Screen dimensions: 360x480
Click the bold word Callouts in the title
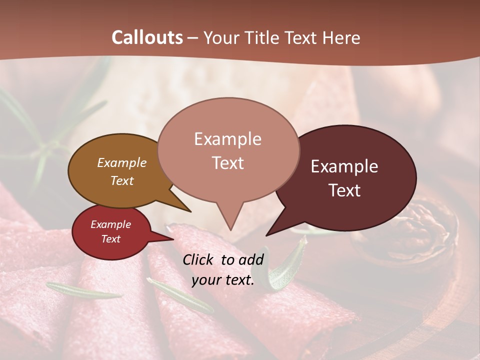(x=147, y=37)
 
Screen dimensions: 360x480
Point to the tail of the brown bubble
(x=182, y=205)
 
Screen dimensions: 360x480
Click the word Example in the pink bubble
(x=228, y=139)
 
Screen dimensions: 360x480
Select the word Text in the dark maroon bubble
(x=345, y=190)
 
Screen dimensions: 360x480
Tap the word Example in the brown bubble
(x=122, y=162)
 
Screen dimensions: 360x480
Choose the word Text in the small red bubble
(x=111, y=239)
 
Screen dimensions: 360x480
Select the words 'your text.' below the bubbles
(x=223, y=280)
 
